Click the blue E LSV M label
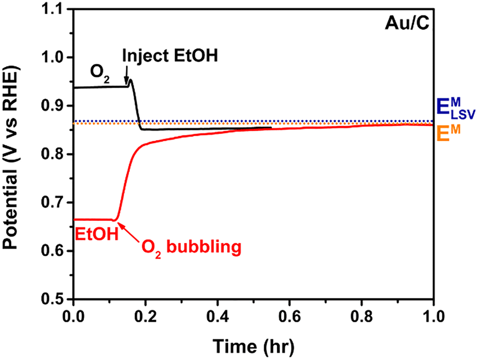coord(454,109)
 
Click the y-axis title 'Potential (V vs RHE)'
coord(12,155)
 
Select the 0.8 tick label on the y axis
coord(56,155)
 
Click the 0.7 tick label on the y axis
coord(56,203)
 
